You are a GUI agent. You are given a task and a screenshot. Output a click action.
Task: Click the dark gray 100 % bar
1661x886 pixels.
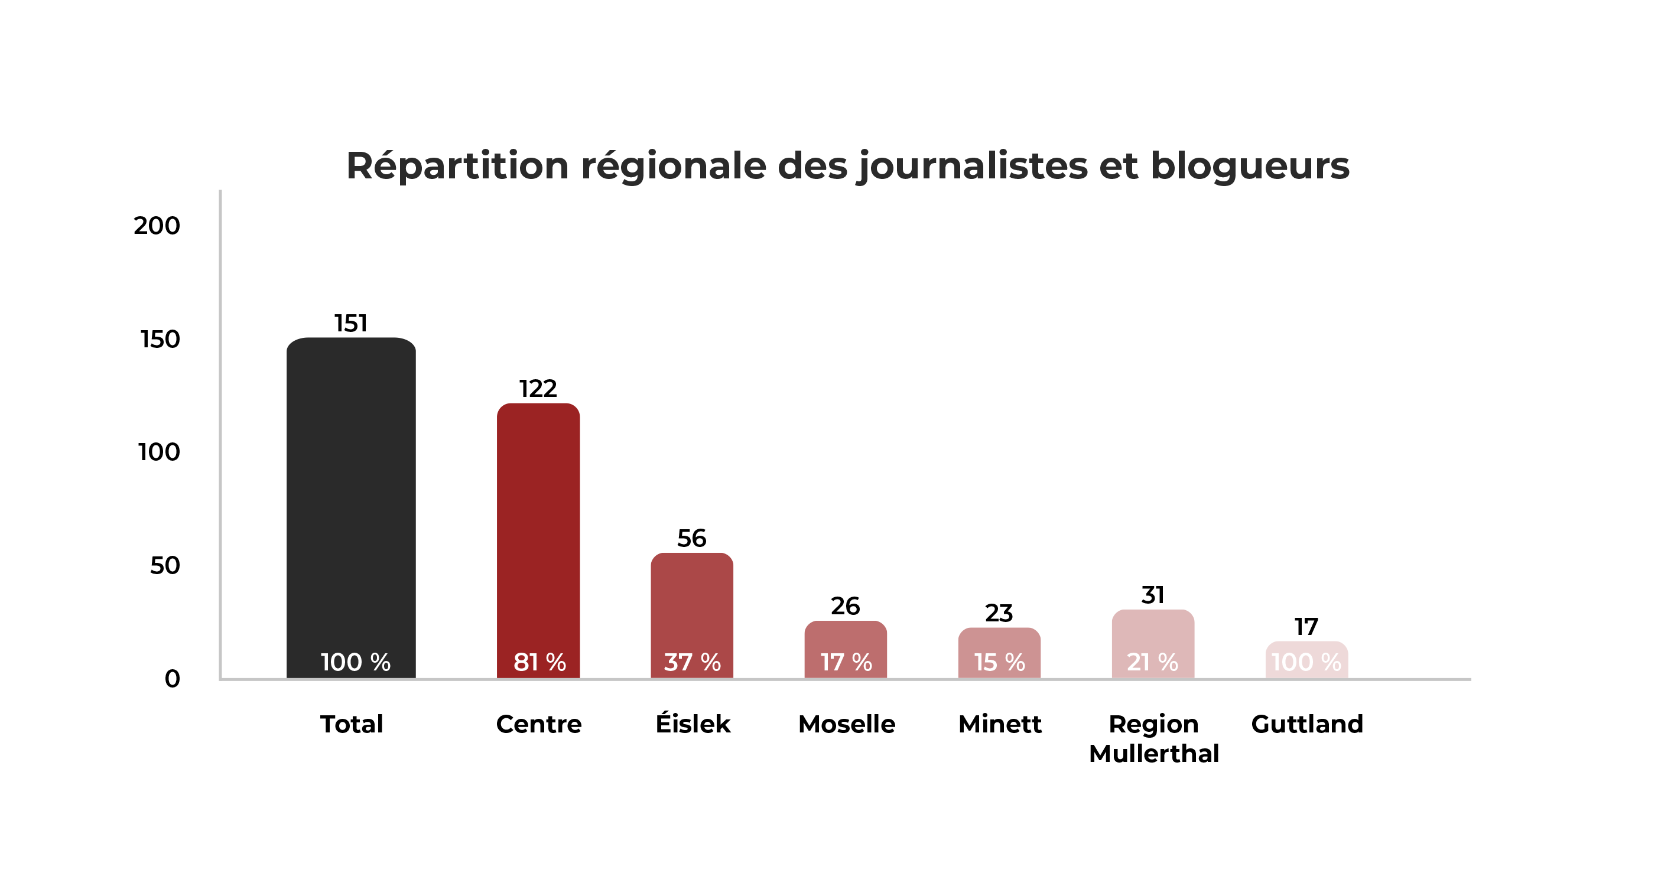point(351,490)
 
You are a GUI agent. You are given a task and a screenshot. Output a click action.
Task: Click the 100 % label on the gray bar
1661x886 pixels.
point(355,662)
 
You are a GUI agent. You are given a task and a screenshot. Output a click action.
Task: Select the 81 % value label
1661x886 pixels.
point(539,662)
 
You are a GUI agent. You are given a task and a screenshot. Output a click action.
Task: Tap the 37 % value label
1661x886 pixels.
point(693,662)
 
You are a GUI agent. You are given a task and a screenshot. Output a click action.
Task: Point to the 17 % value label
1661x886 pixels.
point(846,662)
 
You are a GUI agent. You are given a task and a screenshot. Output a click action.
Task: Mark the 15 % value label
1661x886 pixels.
point(999,662)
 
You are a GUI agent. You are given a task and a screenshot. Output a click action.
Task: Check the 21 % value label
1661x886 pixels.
point(1152,662)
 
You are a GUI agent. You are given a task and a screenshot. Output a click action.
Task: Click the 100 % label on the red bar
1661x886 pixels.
point(1306,662)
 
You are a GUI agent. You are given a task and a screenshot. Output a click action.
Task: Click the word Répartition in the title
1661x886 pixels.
point(457,166)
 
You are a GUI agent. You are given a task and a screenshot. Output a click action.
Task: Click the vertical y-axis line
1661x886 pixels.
point(220,432)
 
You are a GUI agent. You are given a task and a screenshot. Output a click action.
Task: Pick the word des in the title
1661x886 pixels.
point(812,166)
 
